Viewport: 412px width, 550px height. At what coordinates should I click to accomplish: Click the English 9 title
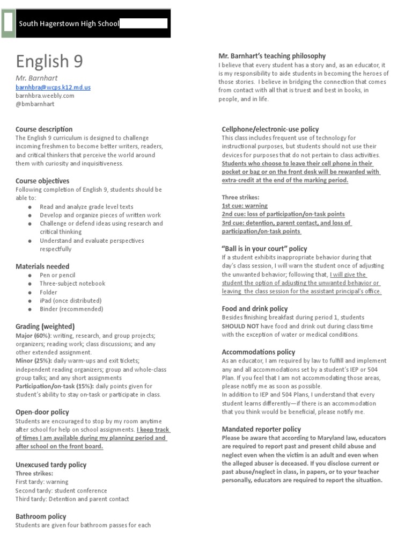coord(49,61)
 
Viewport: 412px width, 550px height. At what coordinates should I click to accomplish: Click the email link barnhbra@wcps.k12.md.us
coord(53,87)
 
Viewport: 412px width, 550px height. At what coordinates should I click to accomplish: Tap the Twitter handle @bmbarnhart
coord(35,104)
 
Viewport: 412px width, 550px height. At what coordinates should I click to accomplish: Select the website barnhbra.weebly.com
coord(45,96)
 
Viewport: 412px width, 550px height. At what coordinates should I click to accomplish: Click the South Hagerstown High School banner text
coord(69,24)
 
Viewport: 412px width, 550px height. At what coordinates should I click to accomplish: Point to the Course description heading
coord(44,129)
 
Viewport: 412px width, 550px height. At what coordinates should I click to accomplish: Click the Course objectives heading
coord(42,181)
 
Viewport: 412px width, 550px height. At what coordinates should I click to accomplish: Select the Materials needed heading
coord(42,266)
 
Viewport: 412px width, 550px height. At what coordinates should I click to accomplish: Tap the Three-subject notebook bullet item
coord(72,284)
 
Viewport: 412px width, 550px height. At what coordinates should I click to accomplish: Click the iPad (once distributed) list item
coord(70,301)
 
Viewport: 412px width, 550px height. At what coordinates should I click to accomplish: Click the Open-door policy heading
coord(42,412)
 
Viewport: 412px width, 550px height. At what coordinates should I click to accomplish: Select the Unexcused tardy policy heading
coord(51,465)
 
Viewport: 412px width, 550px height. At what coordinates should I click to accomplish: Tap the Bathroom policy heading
coord(41,516)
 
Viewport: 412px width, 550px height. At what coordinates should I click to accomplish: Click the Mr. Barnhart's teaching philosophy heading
coord(272,56)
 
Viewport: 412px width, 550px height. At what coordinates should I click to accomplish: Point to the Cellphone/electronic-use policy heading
coord(270,129)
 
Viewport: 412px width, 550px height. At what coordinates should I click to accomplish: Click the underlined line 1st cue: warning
coord(245,206)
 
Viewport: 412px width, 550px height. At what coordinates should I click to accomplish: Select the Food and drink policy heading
coord(255,309)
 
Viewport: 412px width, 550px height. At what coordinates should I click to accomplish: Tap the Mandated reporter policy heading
coord(261,429)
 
